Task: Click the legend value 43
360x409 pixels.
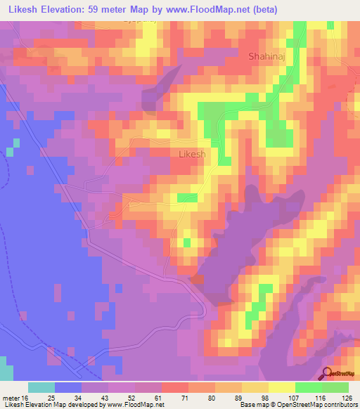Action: [124, 397]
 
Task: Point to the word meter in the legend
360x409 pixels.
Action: [12, 397]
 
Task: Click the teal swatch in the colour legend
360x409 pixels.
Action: [41, 387]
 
